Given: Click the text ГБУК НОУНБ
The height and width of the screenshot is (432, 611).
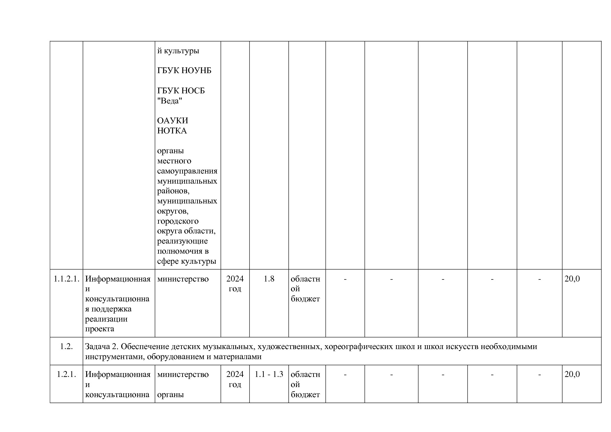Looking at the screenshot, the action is click(184, 71).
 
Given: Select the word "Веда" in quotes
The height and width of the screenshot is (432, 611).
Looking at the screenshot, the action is click(170, 101).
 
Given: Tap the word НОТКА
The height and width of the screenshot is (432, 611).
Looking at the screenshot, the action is click(172, 131).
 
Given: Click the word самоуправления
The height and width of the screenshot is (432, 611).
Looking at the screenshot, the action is click(187, 171).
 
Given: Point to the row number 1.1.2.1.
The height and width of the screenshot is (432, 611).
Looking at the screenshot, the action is click(66, 279).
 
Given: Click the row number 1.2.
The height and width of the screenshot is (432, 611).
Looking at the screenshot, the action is click(66, 347).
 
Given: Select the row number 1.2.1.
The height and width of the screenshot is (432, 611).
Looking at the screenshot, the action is click(66, 375).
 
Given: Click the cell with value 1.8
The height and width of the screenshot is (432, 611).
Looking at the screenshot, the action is click(269, 279).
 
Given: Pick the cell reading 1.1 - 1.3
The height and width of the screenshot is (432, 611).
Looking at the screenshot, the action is click(269, 375).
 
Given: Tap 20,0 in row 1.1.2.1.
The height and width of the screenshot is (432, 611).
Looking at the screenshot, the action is click(572, 279).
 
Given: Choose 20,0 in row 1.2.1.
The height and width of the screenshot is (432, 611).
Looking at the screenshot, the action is click(572, 375).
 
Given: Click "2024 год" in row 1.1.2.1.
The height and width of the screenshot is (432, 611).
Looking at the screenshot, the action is click(235, 284).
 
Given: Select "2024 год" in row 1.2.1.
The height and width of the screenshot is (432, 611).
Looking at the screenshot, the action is click(235, 379).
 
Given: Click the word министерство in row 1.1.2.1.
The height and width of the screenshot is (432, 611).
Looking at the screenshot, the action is click(183, 279).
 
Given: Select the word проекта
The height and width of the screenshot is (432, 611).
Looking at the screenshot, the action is click(100, 329).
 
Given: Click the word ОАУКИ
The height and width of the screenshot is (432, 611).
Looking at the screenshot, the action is click(172, 121).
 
